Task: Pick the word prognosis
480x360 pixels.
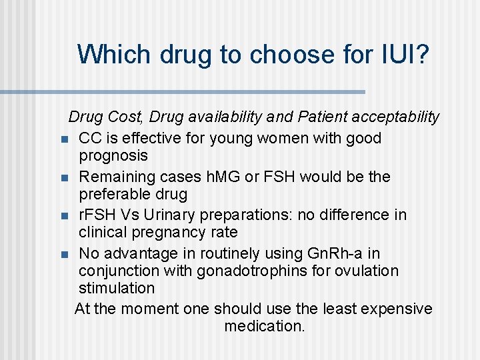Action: (x=113, y=156)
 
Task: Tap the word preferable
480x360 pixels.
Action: (x=116, y=195)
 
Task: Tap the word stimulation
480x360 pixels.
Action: (x=116, y=289)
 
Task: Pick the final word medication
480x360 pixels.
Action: (x=264, y=327)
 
